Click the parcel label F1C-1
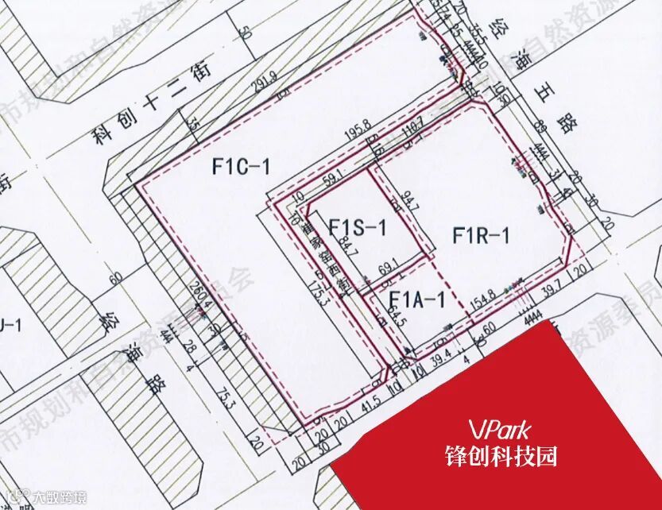pyautogui.click(x=242, y=167)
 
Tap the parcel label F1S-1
pyautogui.click(x=357, y=228)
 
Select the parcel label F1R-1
pyautogui.click(x=481, y=235)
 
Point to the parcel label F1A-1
pyautogui.click(x=416, y=299)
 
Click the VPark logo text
pyautogui.click(x=499, y=430)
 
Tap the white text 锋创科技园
pyautogui.click(x=500, y=456)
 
